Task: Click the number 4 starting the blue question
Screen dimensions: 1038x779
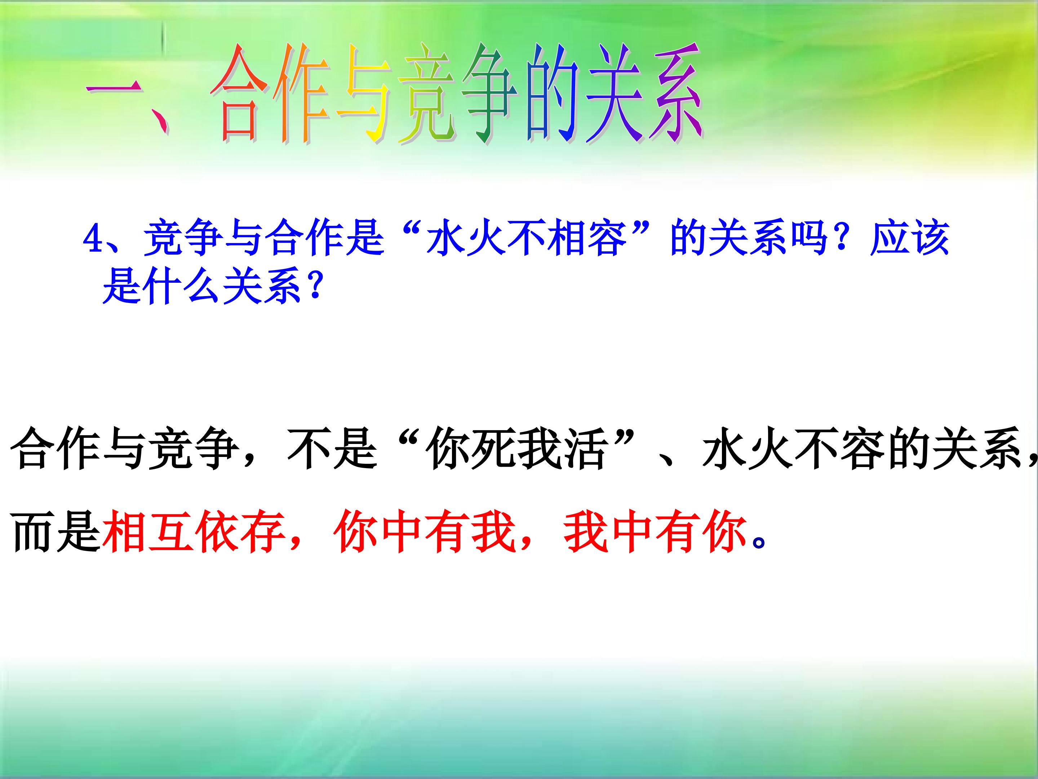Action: click(x=93, y=240)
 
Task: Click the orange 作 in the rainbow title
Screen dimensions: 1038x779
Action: click(x=303, y=94)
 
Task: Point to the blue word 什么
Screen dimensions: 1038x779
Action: click(x=183, y=286)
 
